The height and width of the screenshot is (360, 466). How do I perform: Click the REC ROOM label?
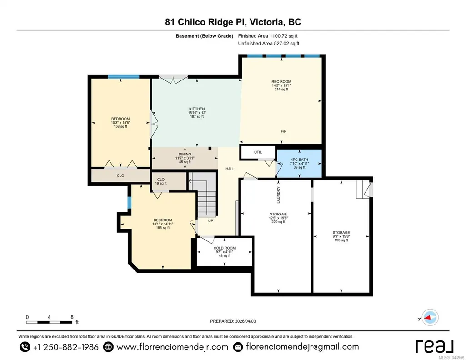click(281, 82)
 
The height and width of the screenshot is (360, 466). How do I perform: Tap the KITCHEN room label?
click(197, 109)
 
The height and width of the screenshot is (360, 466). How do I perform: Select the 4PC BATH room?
click(299, 163)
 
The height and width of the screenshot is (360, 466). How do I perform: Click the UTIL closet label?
click(258, 152)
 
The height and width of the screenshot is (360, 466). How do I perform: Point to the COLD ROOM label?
click(225, 248)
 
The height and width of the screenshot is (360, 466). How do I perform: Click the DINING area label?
click(185, 154)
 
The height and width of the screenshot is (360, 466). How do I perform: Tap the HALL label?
click(230, 169)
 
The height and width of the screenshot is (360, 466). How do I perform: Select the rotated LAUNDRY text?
click(279, 195)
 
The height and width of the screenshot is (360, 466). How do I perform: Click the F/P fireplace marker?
click(284, 131)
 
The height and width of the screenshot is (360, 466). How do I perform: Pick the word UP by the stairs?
click(210, 221)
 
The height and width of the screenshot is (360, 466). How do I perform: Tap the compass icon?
click(430, 318)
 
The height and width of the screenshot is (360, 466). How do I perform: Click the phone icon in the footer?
click(25, 347)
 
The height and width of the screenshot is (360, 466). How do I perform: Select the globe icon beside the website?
click(108, 347)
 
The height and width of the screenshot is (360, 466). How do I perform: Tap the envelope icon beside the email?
click(238, 347)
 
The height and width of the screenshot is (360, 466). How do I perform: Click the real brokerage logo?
click(434, 346)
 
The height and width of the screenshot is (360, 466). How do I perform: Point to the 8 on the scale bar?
click(72, 317)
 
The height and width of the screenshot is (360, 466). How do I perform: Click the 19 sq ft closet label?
click(161, 184)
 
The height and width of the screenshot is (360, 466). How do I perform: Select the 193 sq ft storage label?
click(341, 240)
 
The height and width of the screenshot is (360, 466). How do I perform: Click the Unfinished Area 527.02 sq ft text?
click(269, 44)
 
